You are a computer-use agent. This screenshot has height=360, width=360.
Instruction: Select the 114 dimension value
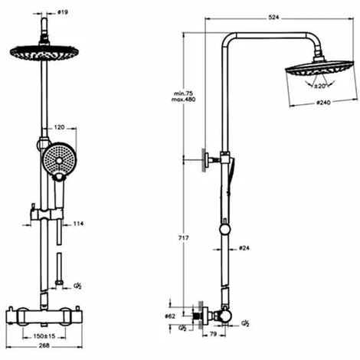(77, 224)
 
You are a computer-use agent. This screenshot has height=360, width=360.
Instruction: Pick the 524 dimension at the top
(273, 16)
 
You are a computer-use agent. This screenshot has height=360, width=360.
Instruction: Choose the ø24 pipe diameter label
(244, 248)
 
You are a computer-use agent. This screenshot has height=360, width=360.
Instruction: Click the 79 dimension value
(216, 334)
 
